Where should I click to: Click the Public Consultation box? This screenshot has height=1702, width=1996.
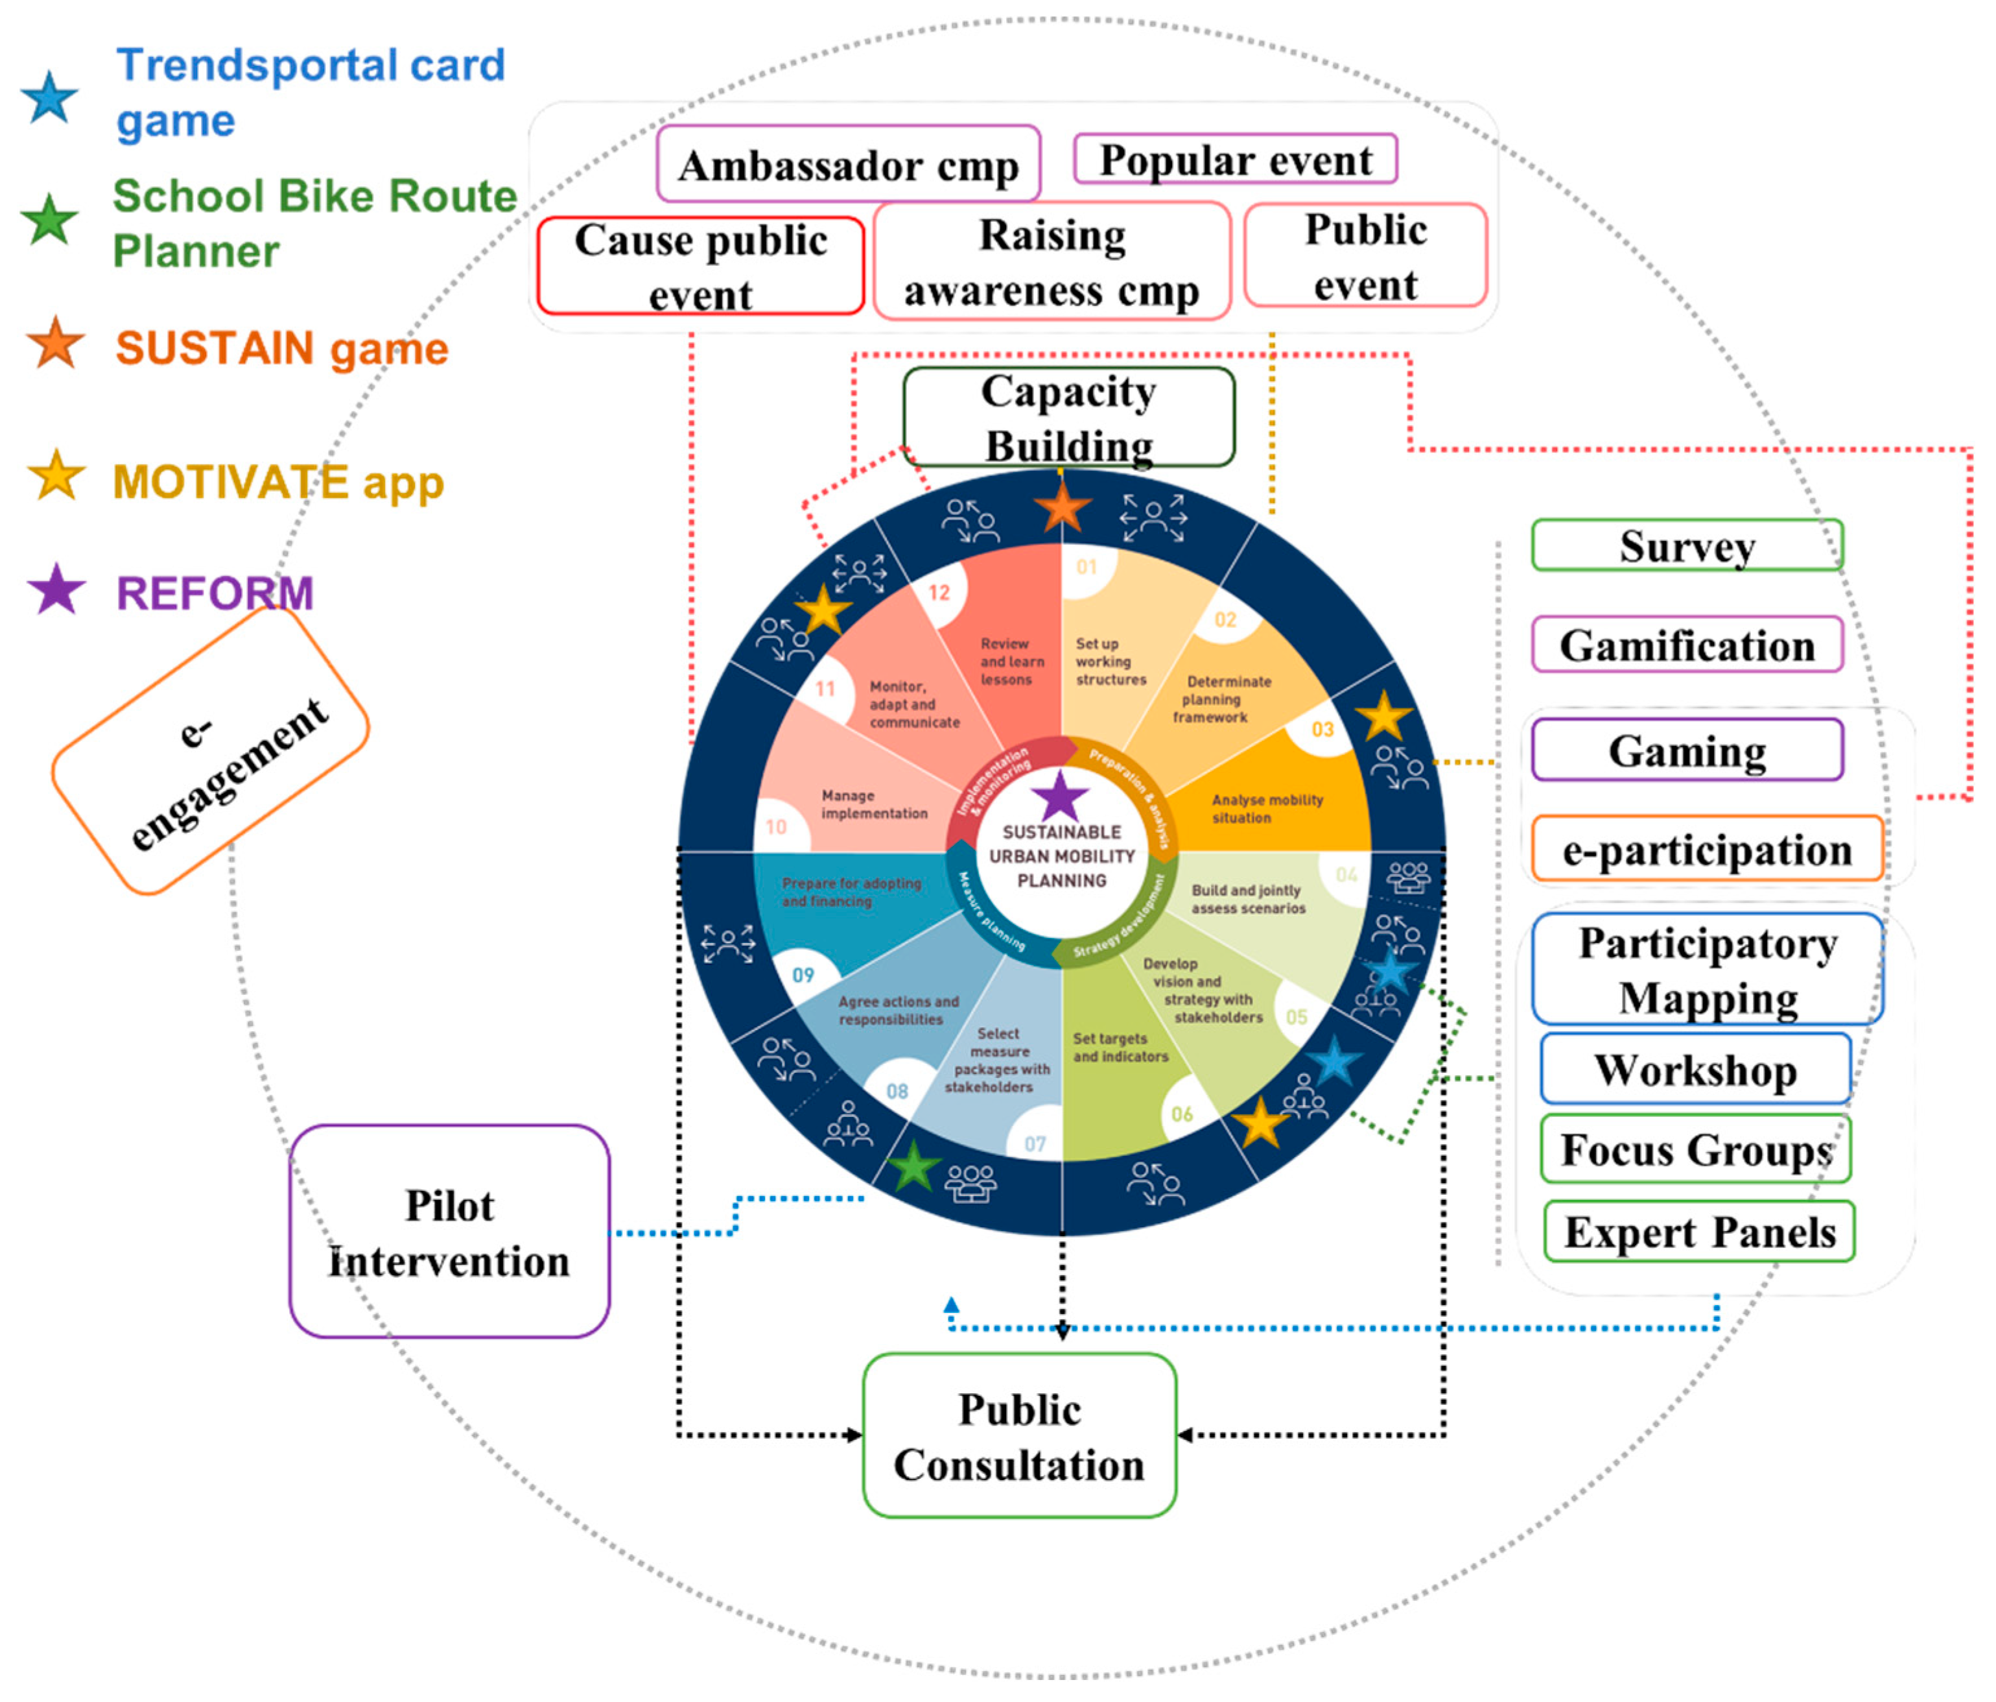(x=1019, y=1436)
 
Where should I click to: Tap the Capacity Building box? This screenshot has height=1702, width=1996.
(x=1068, y=417)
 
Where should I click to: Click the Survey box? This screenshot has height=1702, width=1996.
(x=1686, y=545)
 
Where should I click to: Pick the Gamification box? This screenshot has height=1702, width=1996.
(x=1686, y=645)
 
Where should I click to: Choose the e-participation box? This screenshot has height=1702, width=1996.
(x=1706, y=849)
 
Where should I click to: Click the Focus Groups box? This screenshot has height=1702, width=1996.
(x=1695, y=1149)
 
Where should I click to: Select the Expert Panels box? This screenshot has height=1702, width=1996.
(x=1698, y=1232)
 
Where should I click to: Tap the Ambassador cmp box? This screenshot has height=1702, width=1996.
(x=848, y=165)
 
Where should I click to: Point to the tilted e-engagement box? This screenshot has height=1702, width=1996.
(x=210, y=750)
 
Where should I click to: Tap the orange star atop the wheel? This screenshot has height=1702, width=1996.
(x=1062, y=508)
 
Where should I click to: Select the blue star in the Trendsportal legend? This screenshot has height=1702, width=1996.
(x=49, y=97)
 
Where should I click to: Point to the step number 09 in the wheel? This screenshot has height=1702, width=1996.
(x=803, y=974)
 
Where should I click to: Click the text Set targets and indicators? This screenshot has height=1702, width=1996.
(x=1120, y=1048)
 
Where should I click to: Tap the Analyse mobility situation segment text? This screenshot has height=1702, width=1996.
(x=1266, y=809)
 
